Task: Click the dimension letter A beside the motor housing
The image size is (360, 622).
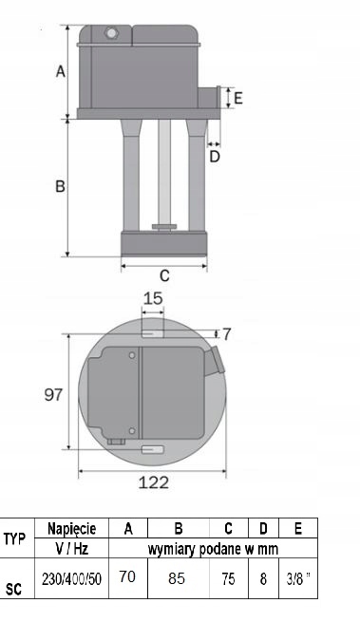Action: click(60, 71)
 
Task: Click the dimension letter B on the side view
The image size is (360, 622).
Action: click(59, 187)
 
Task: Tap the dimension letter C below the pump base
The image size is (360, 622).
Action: click(163, 276)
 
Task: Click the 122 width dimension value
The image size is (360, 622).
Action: click(153, 482)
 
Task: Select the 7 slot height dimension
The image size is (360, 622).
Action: click(226, 333)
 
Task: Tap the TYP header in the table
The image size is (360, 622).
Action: click(15, 538)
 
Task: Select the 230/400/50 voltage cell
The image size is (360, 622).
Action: click(72, 578)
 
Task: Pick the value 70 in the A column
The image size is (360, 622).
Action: click(127, 577)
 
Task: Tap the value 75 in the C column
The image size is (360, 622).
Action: click(228, 578)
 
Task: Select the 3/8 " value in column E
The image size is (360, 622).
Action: click(295, 578)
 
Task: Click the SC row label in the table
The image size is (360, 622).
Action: click(14, 589)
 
